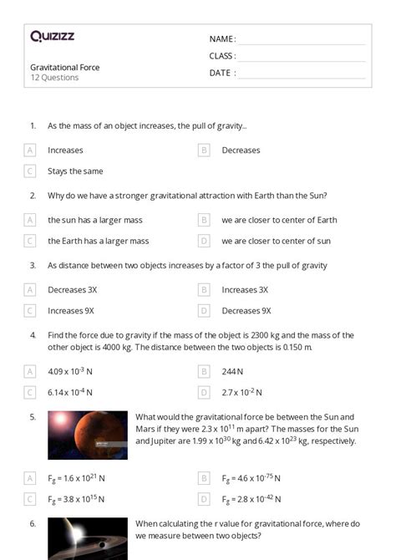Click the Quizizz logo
(x=53, y=37)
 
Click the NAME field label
(x=222, y=39)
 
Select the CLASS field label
(x=222, y=56)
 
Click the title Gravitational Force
(x=64, y=67)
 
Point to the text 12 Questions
(x=54, y=78)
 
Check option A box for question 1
(x=31, y=150)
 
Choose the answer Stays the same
(x=75, y=171)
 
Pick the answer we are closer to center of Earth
(x=279, y=220)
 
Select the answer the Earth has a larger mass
(x=98, y=241)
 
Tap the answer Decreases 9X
(x=246, y=311)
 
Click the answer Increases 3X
(x=245, y=290)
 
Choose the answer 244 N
(x=232, y=371)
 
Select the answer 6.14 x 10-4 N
(x=70, y=392)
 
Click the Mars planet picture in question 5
(x=88, y=435)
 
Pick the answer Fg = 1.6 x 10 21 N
(x=76, y=478)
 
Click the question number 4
(x=33, y=334)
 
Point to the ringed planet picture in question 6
(x=88, y=539)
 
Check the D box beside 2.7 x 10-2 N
(x=204, y=392)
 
